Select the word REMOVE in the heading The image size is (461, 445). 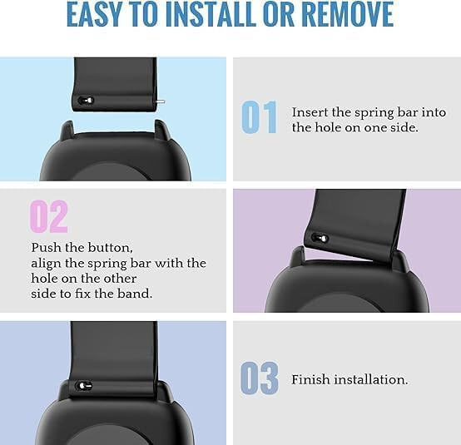point(348,14)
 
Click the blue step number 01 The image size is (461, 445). point(259,117)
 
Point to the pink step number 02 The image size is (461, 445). point(49,216)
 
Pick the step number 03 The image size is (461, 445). point(260,378)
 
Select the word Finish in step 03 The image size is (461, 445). point(310,379)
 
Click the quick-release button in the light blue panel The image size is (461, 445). point(87,101)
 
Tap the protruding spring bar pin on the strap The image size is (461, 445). point(161,101)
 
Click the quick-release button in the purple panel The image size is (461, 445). point(320,238)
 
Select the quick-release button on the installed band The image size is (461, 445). point(84,385)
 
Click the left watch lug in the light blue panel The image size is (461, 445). point(67,130)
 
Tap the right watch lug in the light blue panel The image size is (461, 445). point(162,129)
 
